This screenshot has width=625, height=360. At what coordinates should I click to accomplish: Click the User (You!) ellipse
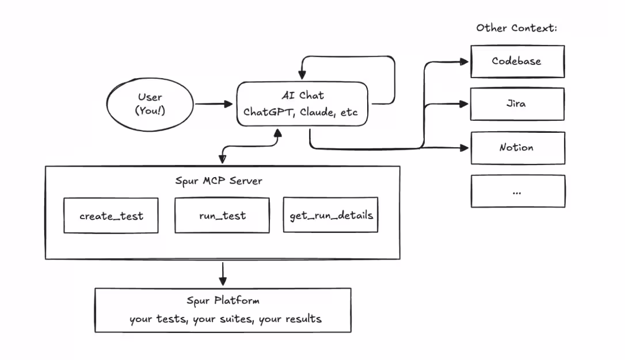coord(150,104)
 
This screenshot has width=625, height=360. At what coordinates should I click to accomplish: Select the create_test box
coord(111,216)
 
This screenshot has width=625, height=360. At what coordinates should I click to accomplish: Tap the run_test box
coord(222,215)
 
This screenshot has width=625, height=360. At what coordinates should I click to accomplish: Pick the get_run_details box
coord(330,215)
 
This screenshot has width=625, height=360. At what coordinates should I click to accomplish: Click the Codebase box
coord(517,62)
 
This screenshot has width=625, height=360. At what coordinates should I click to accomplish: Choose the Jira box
coord(517,104)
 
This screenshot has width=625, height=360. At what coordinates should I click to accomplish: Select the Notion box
coord(518,148)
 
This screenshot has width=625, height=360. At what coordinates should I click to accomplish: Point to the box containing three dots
coord(518,191)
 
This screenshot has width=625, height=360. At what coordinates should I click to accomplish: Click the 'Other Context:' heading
coord(517,28)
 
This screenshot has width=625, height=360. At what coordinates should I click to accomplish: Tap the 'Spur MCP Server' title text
coord(219,181)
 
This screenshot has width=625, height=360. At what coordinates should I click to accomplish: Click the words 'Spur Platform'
coord(223,300)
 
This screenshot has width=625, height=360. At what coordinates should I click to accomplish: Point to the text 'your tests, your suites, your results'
coord(226,319)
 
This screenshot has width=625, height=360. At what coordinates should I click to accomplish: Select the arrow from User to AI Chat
coord(214,104)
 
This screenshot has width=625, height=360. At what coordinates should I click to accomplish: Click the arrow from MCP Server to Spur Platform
coord(223,274)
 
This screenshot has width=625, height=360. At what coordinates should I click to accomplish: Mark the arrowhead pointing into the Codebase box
coord(464,62)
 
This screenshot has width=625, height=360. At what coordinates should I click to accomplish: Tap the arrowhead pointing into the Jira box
coord(464,104)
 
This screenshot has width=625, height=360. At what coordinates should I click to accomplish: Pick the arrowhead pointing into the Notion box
coord(464,148)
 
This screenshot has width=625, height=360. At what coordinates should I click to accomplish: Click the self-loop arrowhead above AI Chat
coord(302,74)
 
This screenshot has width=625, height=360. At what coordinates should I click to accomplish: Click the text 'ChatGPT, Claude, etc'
coord(300,112)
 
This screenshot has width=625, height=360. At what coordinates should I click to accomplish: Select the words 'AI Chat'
coord(303,95)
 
